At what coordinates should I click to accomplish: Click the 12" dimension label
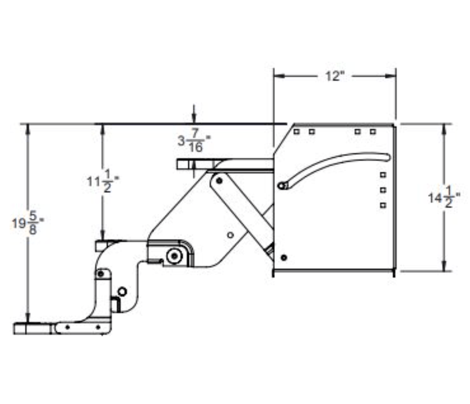334,76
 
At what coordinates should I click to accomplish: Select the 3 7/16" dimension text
193,142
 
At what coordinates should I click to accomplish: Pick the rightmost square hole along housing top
373,132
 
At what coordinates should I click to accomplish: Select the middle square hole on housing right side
382,189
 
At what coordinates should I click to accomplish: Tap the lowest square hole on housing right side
382,204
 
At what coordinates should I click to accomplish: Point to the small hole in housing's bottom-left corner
283,257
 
